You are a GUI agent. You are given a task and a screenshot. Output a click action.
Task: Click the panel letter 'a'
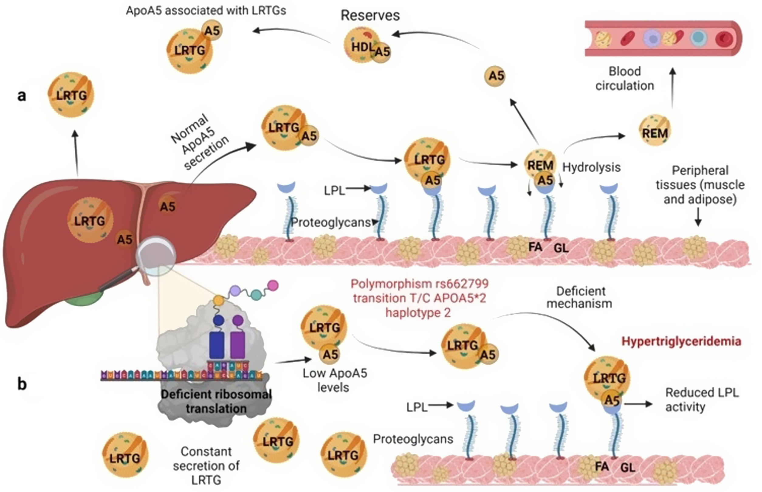click(x=21, y=95)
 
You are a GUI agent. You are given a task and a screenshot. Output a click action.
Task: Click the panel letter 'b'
click(x=22, y=384)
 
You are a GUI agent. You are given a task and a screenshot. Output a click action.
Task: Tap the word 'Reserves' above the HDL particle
click(x=370, y=15)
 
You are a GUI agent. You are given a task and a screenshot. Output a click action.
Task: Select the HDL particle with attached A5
click(x=364, y=46)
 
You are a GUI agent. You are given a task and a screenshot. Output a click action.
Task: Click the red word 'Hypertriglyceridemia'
click(x=681, y=342)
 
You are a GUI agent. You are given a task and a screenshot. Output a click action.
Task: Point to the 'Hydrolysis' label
click(x=591, y=167)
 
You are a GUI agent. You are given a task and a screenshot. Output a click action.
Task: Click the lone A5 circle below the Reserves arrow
click(x=495, y=76)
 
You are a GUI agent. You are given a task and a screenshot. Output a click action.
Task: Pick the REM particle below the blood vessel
click(x=655, y=132)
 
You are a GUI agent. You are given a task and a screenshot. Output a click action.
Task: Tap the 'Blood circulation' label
click(x=624, y=79)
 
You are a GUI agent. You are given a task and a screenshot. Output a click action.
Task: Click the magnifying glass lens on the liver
click(x=156, y=256)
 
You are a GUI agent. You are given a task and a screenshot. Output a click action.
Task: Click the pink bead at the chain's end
click(x=273, y=285)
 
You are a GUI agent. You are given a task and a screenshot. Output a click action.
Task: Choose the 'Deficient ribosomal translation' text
click(x=216, y=401)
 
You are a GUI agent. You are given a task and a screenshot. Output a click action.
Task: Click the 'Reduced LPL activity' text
click(x=702, y=400)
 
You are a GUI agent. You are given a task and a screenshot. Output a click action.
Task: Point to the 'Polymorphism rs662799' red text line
click(x=419, y=284)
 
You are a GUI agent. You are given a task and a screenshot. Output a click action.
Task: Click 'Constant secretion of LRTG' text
click(x=206, y=466)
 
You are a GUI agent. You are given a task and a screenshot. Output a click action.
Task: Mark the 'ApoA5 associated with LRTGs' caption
click(x=206, y=11)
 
